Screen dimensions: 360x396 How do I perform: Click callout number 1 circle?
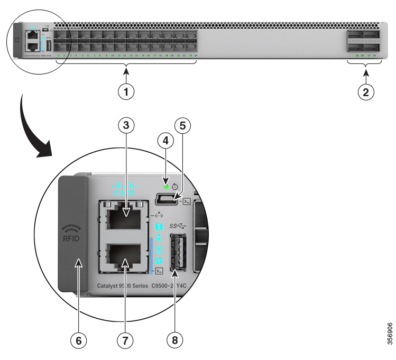[125, 91]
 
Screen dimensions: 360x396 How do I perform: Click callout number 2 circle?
[365, 91]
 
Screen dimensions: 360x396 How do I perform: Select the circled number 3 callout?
[125, 125]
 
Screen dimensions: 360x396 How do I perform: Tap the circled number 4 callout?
[165, 141]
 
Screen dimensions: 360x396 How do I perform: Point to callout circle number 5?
[182, 126]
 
